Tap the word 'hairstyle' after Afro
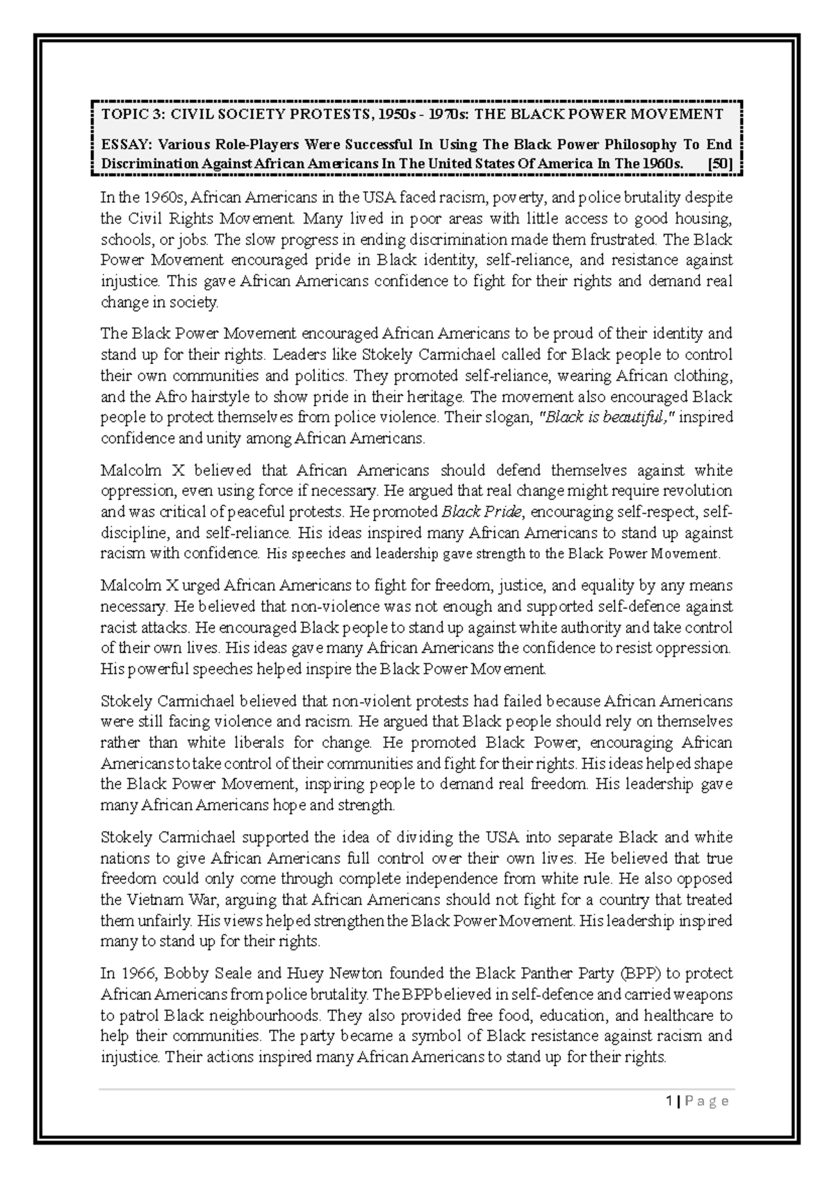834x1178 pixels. pyautogui.click(x=223, y=397)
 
